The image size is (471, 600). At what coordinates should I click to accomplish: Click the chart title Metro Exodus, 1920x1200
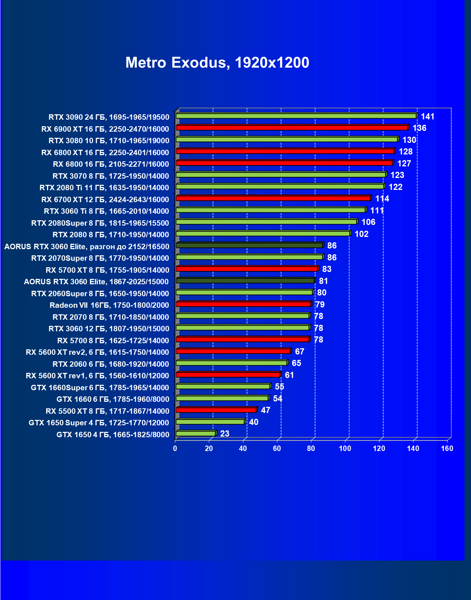tap(217, 63)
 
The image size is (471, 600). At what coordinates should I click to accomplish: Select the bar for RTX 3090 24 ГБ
tap(296, 116)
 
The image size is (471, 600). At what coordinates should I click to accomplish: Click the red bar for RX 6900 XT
tap(292, 128)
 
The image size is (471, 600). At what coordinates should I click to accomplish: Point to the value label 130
tap(409, 140)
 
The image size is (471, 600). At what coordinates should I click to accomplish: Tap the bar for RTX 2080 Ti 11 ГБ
tap(280, 186)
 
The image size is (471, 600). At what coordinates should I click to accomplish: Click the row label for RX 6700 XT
tap(105, 200)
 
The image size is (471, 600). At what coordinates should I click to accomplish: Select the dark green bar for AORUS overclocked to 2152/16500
tap(249, 245)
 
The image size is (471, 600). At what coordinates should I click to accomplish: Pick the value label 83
tap(327, 269)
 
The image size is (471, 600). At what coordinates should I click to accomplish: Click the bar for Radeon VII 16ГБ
tap(243, 304)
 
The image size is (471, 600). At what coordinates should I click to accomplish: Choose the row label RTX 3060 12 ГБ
tap(109, 329)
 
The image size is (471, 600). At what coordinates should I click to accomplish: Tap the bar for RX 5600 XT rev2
tap(233, 351)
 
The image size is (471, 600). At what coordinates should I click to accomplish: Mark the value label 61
tap(289, 375)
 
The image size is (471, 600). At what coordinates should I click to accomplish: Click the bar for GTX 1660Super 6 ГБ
tap(223, 386)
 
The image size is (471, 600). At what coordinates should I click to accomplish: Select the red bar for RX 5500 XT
tap(216, 410)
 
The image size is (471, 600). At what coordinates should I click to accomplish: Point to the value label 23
tap(224, 434)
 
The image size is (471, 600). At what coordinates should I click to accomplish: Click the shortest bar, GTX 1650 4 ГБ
tap(195, 433)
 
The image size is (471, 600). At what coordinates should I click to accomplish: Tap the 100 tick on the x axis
tap(345, 449)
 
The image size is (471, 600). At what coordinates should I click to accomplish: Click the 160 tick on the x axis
tap(447, 449)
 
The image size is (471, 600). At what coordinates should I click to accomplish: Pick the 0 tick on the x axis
tap(175, 449)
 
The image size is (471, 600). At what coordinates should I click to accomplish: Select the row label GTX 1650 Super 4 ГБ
tap(99, 423)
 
